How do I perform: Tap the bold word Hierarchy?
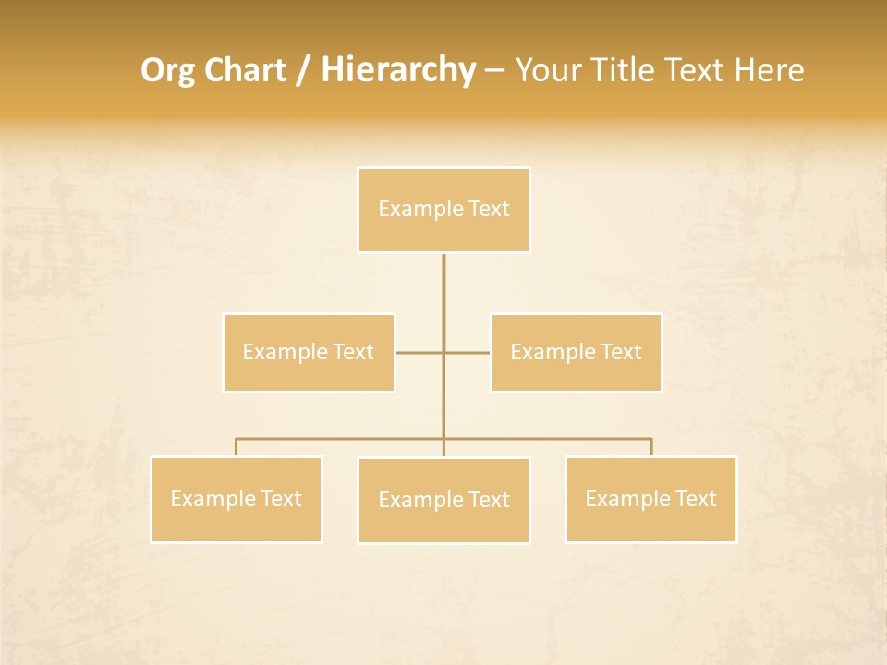pos(398,70)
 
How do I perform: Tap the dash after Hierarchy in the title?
pos(494,71)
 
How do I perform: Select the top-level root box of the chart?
pos(443,210)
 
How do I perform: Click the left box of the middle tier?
pos(309,352)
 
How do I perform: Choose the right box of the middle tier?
pos(576,352)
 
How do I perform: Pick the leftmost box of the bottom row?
pos(236,499)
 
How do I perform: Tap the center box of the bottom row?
pos(443,500)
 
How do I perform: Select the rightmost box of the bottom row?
pos(650,499)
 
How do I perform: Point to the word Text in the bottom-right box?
pos(696,499)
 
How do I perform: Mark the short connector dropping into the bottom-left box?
pos(236,448)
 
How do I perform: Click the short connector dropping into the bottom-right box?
pos(651,448)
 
